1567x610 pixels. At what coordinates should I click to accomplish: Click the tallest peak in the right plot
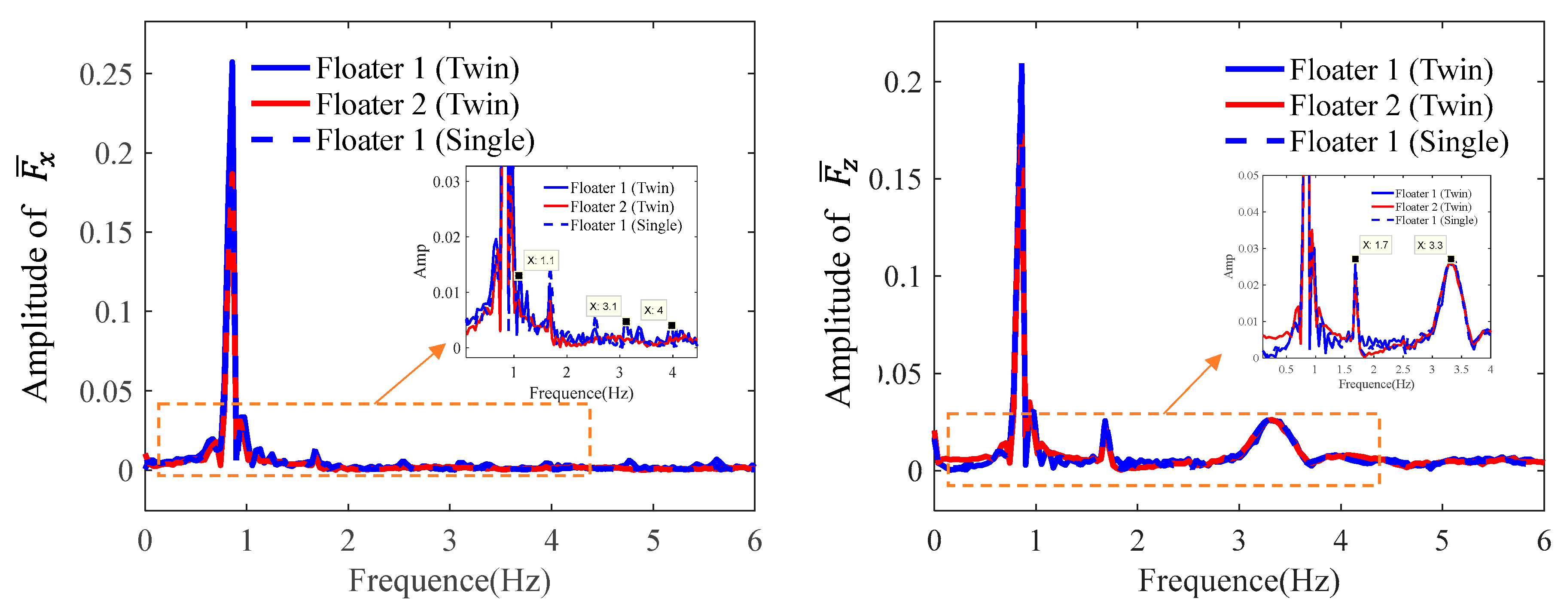[1021, 66]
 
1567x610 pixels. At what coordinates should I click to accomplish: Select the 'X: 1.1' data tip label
[541, 261]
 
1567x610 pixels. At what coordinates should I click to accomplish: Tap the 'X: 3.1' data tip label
[603, 306]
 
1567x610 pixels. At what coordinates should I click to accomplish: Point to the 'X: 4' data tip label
[653, 310]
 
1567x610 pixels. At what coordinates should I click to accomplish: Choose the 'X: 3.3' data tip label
[1430, 245]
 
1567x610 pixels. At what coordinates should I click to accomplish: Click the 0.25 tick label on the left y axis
[105, 74]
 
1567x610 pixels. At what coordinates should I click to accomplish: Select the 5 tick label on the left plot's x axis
[653, 541]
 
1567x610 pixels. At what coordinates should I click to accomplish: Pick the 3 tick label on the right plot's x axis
[1238, 541]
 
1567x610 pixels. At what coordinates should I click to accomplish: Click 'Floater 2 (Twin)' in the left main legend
[417, 105]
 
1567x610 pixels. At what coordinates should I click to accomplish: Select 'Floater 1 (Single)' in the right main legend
[1399, 142]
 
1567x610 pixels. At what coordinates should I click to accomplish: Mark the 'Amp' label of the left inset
[420, 261]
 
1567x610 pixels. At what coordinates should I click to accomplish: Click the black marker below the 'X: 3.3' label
[1451, 259]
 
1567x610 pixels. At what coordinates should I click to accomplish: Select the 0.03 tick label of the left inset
[446, 182]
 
